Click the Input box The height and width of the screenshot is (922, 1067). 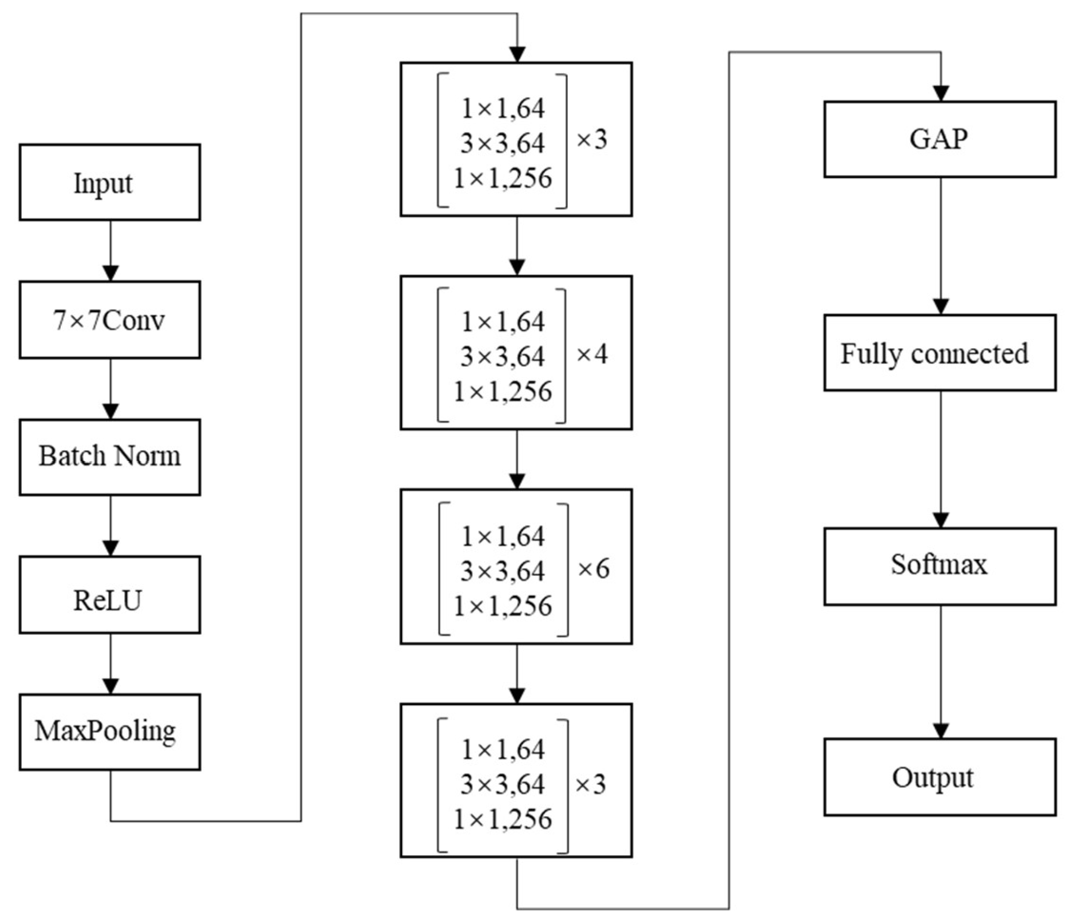[x=110, y=182]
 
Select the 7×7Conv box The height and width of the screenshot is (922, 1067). [x=110, y=320]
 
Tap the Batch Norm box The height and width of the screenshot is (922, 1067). [x=110, y=457]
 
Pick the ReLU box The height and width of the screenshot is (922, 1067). [x=110, y=595]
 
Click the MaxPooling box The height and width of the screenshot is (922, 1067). [x=110, y=732]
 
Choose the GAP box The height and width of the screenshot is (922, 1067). [x=940, y=139]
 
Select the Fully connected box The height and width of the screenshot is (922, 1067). [x=940, y=353]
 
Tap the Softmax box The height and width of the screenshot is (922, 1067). [x=940, y=566]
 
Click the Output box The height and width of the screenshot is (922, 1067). [x=940, y=777]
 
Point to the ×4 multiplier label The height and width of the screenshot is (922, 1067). [x=592, y=354]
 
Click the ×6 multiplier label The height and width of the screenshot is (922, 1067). [x=593, y=569]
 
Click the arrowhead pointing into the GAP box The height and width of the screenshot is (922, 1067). [x=941, y=94]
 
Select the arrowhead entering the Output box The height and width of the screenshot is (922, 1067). [x=941, y=731]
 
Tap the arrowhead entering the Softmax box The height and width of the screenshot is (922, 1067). [x=941, y=520]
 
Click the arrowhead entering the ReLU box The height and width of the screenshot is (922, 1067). [x=111, y=548]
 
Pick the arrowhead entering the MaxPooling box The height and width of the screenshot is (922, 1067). [x=111, y=686]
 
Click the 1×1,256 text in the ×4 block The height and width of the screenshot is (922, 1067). [x=502, y=391]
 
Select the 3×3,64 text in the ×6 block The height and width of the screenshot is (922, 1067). [x=502, y=571]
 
